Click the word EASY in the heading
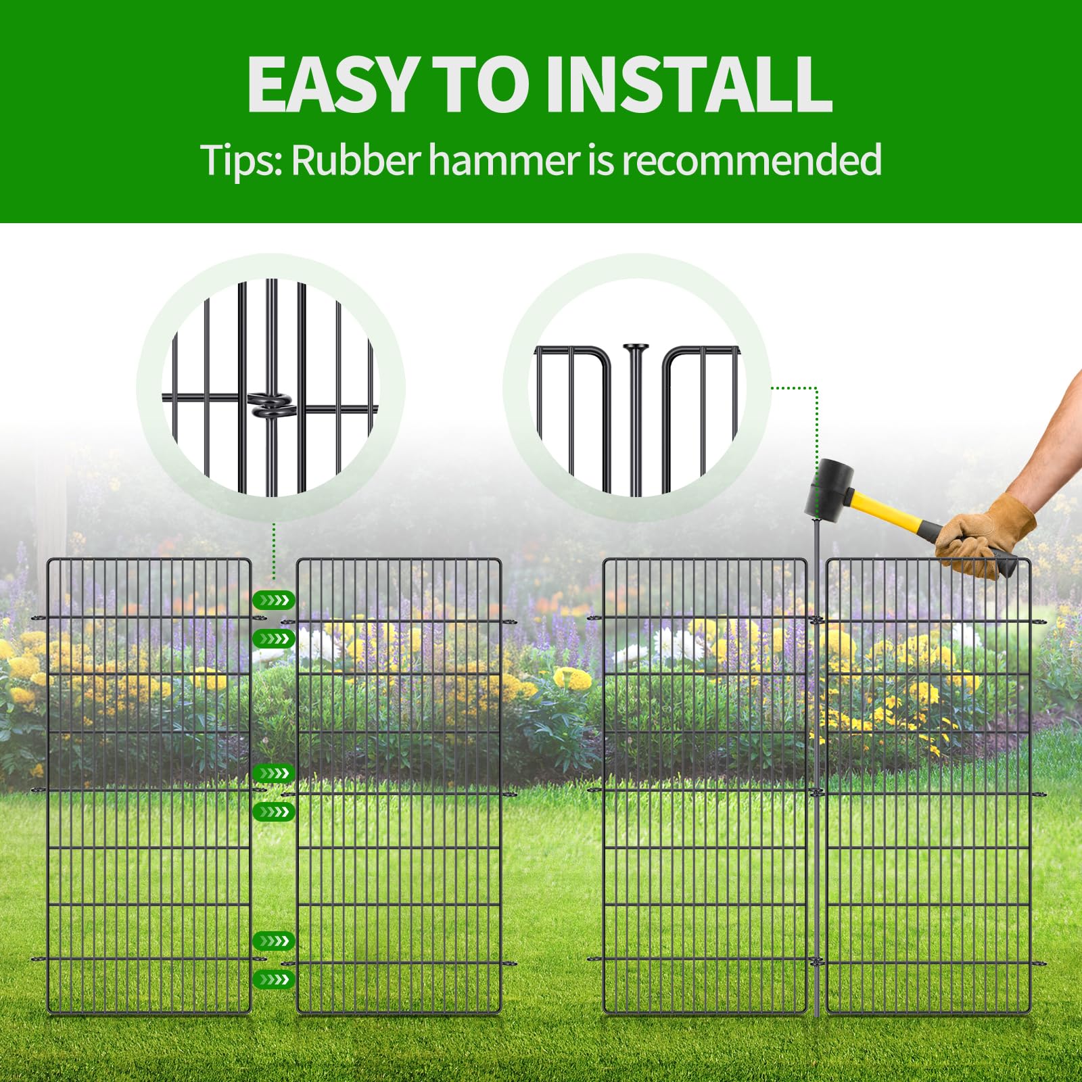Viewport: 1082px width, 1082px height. [x=331, y=84]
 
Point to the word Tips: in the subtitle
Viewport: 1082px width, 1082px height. [x=241, y=160]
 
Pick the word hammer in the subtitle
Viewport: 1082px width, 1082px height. [x=504, y=160]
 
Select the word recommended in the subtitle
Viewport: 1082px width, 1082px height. [x=751, y=160]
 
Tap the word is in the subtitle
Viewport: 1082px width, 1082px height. [x=601, y=161]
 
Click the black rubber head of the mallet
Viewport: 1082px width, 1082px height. [x=829, y=488]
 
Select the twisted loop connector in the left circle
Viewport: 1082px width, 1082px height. [x=270, y=405]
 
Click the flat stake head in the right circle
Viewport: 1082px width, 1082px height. [x=636, y=348]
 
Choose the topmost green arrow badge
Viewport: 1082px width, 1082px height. [x=273, y=600]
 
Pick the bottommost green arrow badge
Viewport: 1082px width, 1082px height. [x=273, y=979]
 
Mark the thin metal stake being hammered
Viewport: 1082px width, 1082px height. [x=816, y=768]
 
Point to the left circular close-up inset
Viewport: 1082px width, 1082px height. [x=270, y=387]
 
